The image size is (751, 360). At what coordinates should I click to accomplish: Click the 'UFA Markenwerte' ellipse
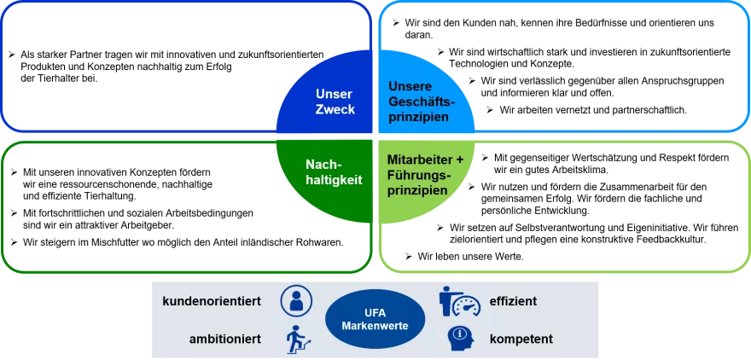(x=375, y=320)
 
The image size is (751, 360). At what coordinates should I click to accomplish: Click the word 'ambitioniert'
(x=225, y=339)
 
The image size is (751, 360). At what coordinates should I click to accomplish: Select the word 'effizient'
(x=513, y=301)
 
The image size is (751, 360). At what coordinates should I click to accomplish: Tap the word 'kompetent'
(x=521, y=339)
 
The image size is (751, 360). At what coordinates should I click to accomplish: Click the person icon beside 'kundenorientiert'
(x=296, y=300)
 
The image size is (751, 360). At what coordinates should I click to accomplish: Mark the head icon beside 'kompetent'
(x=460, y=339)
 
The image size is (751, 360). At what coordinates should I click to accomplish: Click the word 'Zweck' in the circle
(x=334, y=109)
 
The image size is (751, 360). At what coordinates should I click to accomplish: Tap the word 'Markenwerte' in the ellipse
(x=375, y=327)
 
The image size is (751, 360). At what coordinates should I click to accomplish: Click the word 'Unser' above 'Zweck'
(x=334, y=94)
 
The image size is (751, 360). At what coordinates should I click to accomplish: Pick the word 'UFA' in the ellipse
(x=375, y=313)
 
